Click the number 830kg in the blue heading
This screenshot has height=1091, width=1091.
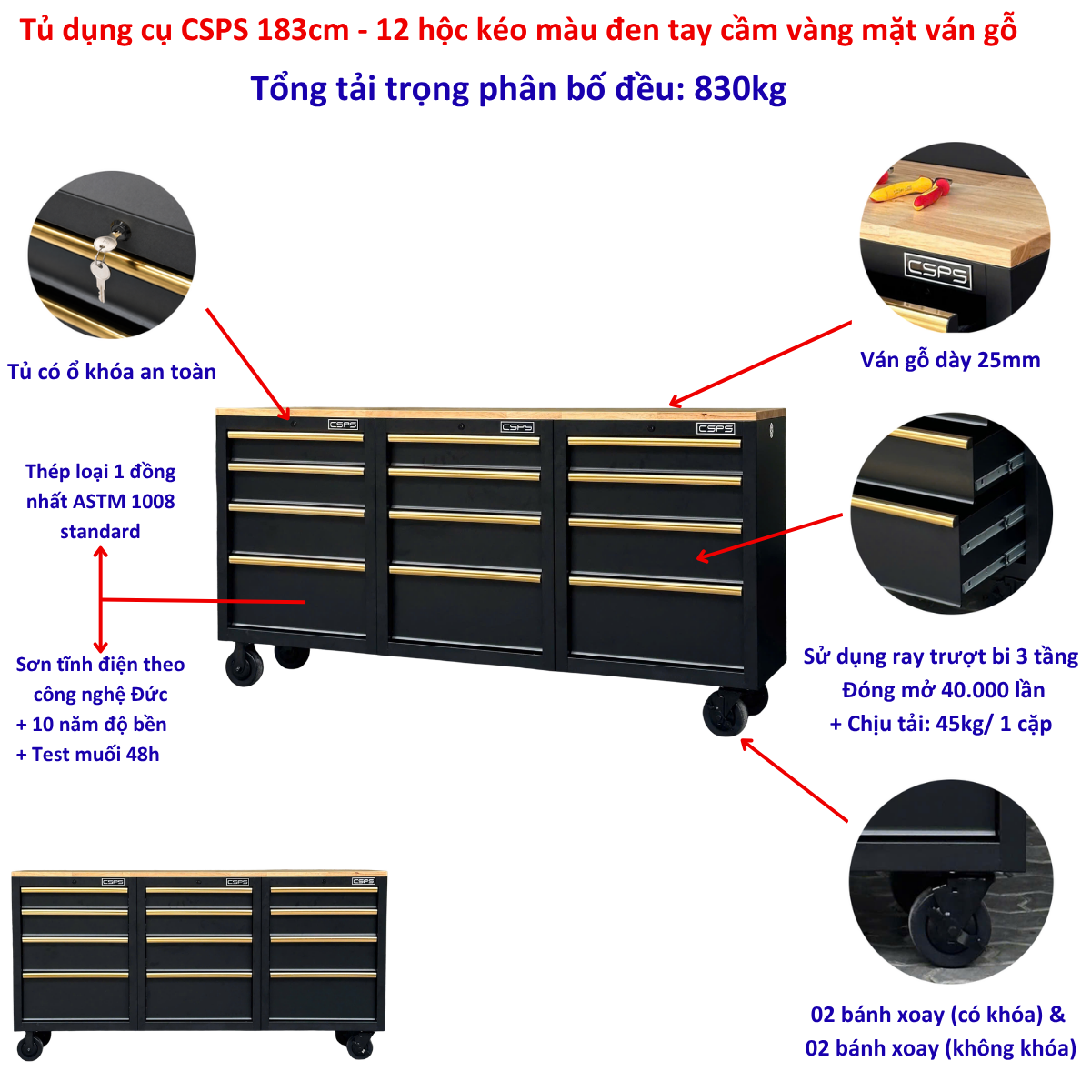(739, 89)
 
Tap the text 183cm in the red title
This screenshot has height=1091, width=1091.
(303, 29)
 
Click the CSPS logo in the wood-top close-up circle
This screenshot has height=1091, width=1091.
(937, 271)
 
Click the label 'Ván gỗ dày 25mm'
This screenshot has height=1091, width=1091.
(950, 361)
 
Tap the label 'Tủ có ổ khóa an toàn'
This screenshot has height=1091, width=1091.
(112, 372)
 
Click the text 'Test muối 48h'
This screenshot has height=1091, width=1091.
(95, 754)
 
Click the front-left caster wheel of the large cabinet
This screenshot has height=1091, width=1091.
(245, 666)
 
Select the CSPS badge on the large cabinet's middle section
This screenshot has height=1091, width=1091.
(516, 426)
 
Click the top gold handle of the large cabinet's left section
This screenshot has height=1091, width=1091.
(295, 436)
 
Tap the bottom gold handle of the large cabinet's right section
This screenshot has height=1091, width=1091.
(655, 585)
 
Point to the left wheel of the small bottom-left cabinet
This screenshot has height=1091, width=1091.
(30, 1046)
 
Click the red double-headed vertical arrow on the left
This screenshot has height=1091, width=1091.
(100, 599)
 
